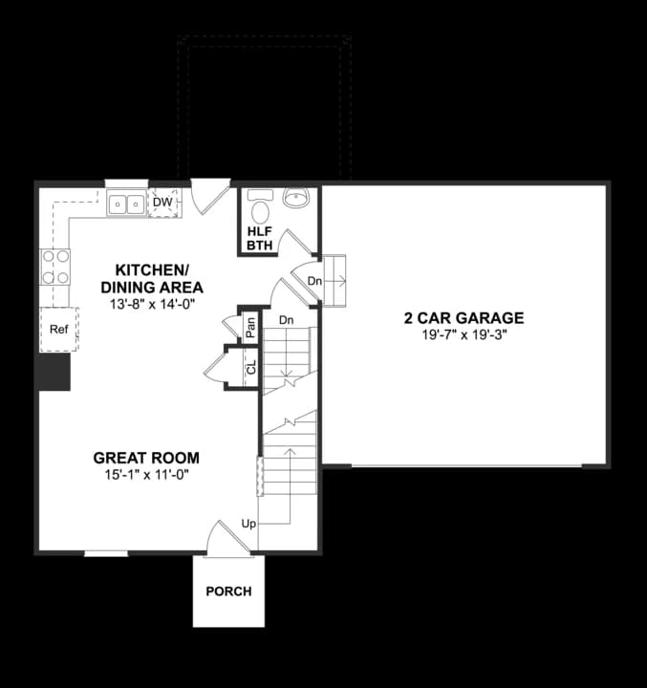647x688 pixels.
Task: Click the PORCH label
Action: coord(228,591)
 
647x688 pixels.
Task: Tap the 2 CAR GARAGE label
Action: coord(464,318)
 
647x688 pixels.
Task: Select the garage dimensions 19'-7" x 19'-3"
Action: coord(464,335)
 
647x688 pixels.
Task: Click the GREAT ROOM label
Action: coord(146,458)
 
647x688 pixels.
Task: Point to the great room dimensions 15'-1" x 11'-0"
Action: coord(146,475)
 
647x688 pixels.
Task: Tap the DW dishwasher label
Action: coord(163,203)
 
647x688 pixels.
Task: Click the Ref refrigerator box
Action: coord(58,330)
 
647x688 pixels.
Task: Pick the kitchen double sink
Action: coord(125,204)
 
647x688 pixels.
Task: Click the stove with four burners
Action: coord(54,267)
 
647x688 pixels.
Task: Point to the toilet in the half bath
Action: coord(259,203)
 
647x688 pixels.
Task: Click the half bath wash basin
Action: coord(296,200)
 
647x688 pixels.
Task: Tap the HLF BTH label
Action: coord(260,239)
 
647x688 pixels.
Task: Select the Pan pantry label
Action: coord(249,328)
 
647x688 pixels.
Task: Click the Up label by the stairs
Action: coord(248,524)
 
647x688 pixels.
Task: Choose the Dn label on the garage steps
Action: coord(315,281)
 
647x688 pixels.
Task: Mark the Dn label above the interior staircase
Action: coord(285,320)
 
